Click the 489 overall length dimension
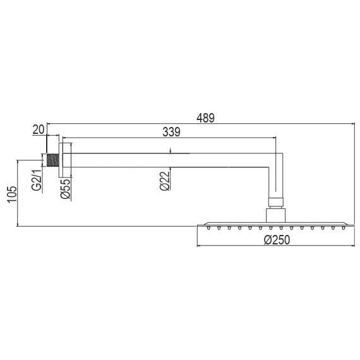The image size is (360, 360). click(x=206, y=117)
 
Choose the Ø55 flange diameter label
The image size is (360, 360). click(x=64, y=188)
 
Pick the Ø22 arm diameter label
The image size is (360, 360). click(x=164, y=181)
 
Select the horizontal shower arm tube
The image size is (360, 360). click(x=171, y=158)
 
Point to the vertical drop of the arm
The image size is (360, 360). click(x=275, y=180)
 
